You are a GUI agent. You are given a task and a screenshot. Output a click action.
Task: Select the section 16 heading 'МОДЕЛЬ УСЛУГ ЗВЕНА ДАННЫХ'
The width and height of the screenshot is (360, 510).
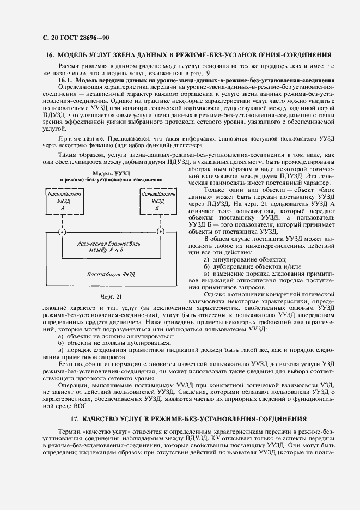(188, 55)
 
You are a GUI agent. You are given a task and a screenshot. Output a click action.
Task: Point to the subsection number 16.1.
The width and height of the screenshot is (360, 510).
(66, 80)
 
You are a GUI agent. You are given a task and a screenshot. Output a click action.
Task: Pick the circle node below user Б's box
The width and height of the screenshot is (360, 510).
(160, 232)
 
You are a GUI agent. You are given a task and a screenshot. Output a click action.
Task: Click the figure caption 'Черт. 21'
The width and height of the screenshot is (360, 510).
(111, 297)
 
